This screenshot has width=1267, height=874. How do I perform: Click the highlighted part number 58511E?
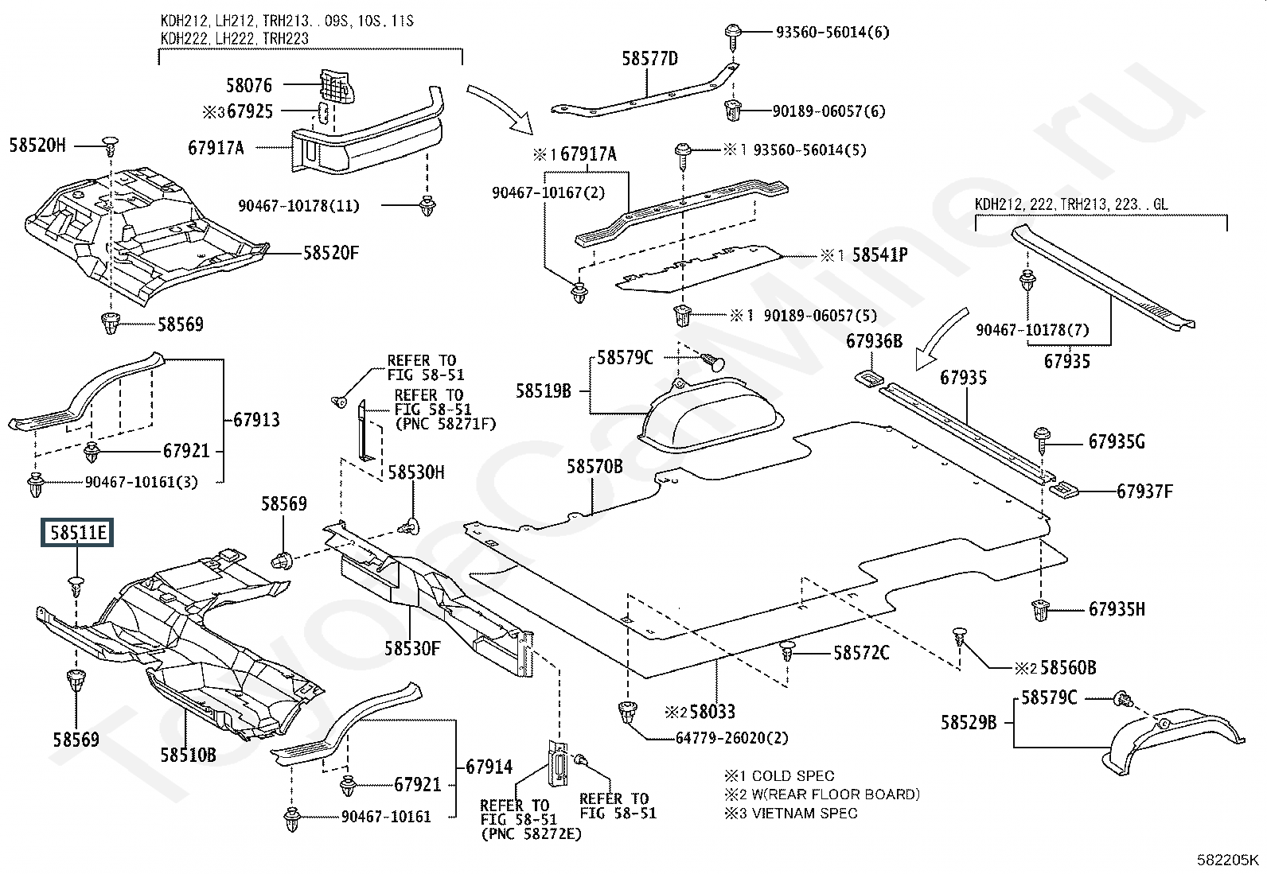(78, 532)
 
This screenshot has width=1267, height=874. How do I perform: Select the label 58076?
(248, 85)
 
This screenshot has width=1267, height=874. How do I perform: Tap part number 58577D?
(649, 58)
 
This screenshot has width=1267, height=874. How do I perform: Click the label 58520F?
(331, 253)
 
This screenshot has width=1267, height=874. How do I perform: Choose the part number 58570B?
(595, 466)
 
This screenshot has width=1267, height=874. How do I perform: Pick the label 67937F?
(1144, 491)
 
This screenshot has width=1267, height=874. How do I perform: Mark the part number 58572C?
(861, 653)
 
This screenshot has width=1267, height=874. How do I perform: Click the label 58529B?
(969, 722)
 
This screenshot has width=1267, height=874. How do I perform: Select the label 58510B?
(188, 754)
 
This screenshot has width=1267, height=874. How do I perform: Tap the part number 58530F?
(412, 648)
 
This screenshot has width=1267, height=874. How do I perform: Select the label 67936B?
(874, 341)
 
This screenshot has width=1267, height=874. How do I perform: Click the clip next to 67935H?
(1040, 611)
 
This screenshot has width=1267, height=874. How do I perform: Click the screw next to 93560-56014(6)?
(733, 36)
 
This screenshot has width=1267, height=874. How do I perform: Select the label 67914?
(489, 767)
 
